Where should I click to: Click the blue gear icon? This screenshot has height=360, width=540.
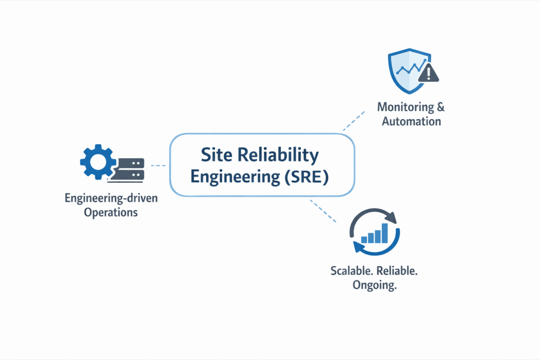tap(97, 162)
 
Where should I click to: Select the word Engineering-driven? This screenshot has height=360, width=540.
tap(111, 199)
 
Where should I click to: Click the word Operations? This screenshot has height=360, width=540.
tap(111, 212)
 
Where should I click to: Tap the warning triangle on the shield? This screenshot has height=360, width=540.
tap(428, 73)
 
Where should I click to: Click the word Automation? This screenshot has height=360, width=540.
tap(411, 121)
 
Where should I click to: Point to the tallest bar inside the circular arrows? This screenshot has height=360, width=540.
tap(385, 232)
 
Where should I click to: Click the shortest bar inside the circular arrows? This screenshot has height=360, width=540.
tap(363, 239)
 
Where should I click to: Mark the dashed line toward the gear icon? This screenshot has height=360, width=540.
tap(158, 166)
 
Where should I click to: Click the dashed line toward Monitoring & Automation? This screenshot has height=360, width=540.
tap(353, 121)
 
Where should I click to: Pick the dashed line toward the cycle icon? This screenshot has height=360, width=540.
tap(323, 211)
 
